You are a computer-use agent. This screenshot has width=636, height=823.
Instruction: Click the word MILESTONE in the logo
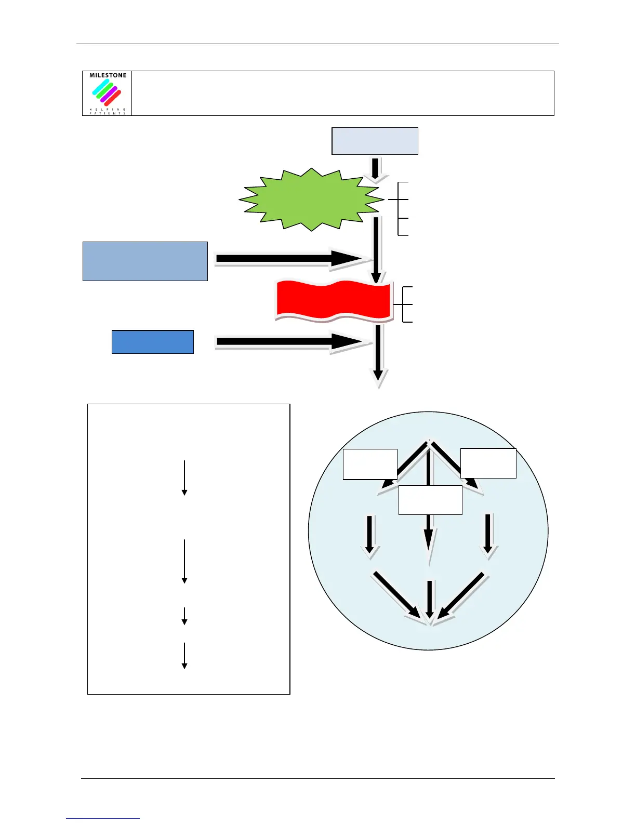pyautogui.click(x=108, y=75)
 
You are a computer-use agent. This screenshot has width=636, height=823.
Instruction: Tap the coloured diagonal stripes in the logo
pyautogui.click(x=107, y=92)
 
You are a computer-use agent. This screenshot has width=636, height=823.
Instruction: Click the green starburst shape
pyautogui.click(x=311, y=200)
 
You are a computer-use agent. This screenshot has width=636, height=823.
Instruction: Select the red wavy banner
pyautogui.click(x=333, y=300)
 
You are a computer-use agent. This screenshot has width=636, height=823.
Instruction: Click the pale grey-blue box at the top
pyautogui.click(x=375, y=141)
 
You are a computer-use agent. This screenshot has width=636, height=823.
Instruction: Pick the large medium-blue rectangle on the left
pyautogui.click(x=145, y=261)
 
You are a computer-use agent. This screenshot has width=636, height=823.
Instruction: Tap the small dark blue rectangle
pyautogui.click(x=153, y=342)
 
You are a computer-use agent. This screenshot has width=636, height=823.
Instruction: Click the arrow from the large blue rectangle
pyautogui.click(x=291, y=259)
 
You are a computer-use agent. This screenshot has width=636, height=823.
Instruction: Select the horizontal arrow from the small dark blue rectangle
pyautogui.click(x=291, y=342)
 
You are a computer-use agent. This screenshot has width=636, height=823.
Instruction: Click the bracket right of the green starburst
pyautogui.click(x=400, y=208)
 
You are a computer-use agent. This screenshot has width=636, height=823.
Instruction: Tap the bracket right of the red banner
pyautogui.click(x=405, y=304)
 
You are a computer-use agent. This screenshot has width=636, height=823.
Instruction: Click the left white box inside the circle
pyautogui.click(x=369, y=464)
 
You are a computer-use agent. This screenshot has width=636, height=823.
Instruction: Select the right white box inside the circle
pyautogui.click(x=488, y=463)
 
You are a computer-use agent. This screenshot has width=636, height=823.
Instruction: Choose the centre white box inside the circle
pyautogui.click(x=430, y=500)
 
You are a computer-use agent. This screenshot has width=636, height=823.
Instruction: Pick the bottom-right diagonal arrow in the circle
pyautogui.click(x=463, y=595)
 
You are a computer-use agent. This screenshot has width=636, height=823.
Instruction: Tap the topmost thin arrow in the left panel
pyautogui.click(x=184, y=477)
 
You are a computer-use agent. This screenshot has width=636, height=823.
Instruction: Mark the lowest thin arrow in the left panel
pyautogui.click(x=184, y=656)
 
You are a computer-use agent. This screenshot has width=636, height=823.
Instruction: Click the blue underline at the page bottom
pyautogui.click(x=103, y=818)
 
